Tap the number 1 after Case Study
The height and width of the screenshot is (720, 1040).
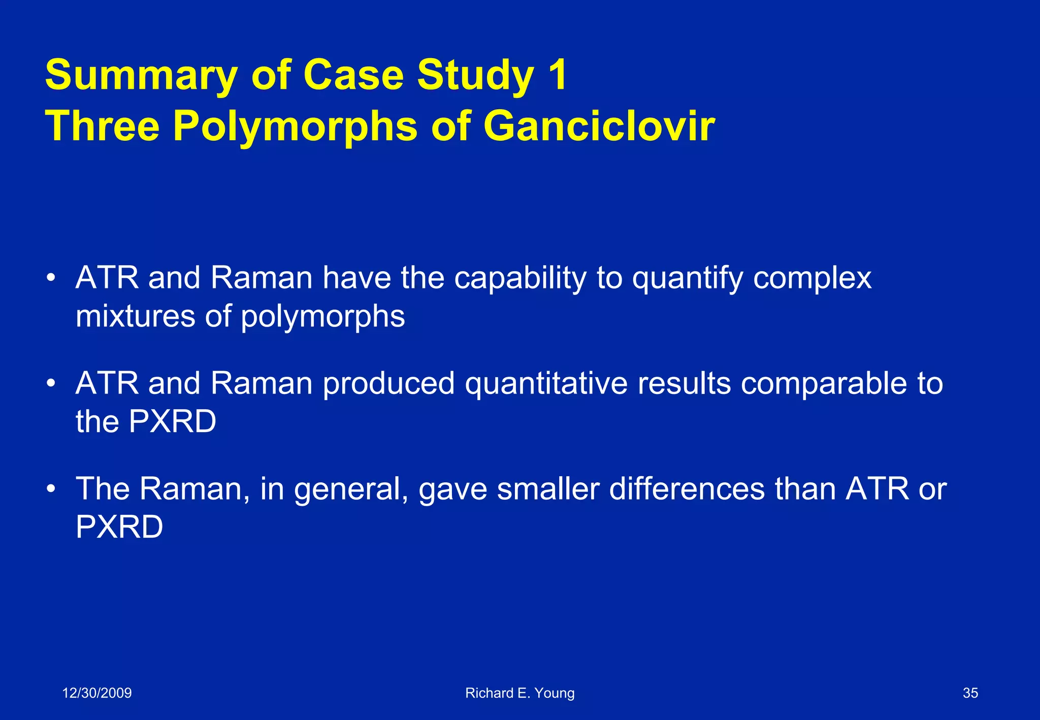point(558,75)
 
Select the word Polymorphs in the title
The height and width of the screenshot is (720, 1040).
point(295,127)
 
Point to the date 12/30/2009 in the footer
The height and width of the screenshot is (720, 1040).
point(96,693)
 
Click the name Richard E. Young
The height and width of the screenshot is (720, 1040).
point(519,693)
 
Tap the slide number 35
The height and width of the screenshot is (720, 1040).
point(970,693)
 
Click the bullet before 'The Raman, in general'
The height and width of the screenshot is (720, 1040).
point(50,489)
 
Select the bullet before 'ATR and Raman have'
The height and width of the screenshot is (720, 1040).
point(50,278)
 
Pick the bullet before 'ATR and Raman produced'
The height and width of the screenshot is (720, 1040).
point(50,383)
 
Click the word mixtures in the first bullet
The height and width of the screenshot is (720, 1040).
point(135,316)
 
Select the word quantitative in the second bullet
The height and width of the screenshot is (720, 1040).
point(546,384)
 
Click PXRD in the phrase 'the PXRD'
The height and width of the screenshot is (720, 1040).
point(173,421)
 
